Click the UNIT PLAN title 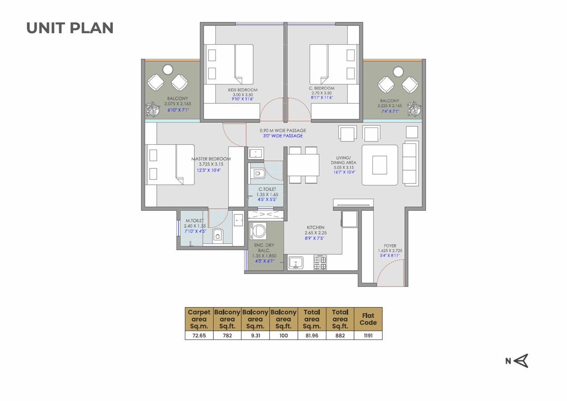[x=70, y=28]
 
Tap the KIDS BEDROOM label [x=242, y=90]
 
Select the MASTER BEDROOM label [x=211, y=159]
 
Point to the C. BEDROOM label [x=322, y=88]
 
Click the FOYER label [x=390, y=246]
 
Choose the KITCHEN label [x=315, y=228]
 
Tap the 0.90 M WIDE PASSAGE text [x=283, y=131]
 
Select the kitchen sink [x=296, y=262]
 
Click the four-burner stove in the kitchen [x=320, y=262]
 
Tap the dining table [x=303, y=165]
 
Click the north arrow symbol [x=520, y=361]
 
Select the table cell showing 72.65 [x=199, y=336]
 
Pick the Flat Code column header [x=368, y=319]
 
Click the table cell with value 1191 [x=368, y=336]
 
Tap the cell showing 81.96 [x=312, y=336]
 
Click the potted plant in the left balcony [x=152, y=108]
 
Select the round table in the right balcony [x=398, y=70]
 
